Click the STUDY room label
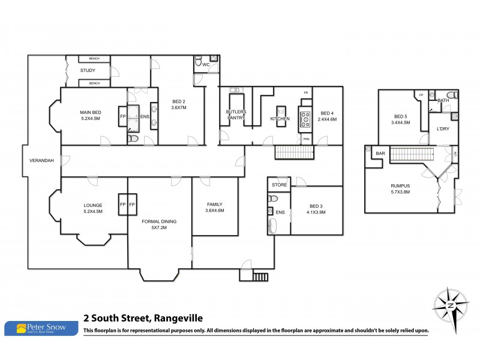point(88,71)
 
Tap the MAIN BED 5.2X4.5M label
point(92,115)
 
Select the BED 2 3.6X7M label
point(179,104)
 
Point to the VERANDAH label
point(43,161)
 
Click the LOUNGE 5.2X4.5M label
point(92,208)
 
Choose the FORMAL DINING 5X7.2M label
point(158,224)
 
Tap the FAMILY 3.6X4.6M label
point(214,207)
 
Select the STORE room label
point(279,185)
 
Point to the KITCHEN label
point(280,119)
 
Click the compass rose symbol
point(450,305)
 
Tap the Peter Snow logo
point(41,328)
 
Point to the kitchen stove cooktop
point(304,118)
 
